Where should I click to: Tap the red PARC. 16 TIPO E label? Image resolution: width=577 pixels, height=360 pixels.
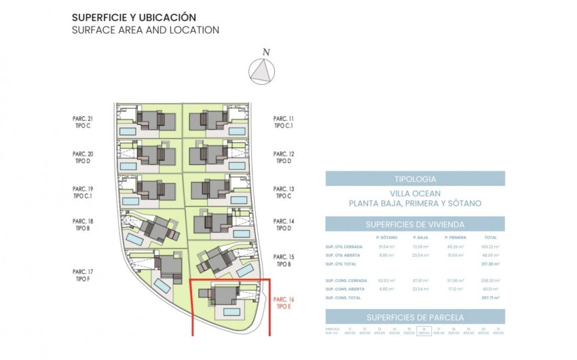tap(283, 303)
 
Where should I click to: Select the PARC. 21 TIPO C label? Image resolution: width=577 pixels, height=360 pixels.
tap(83, 122)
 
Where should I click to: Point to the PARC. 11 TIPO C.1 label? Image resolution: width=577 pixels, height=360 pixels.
tap(283, 122)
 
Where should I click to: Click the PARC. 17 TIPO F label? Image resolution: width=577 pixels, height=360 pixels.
tap(83, 275)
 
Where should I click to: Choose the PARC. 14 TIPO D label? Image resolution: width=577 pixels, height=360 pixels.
tap(283, 225)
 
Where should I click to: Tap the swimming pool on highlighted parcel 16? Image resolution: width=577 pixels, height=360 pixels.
tap(231, 312)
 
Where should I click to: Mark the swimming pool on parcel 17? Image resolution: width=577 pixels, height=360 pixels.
tap(162, 284)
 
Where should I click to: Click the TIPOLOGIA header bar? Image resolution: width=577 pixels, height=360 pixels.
tap(415, 179)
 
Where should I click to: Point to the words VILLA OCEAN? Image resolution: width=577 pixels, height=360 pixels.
tap(415, 193)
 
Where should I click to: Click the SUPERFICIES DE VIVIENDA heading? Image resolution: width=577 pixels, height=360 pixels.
tap(415, 224)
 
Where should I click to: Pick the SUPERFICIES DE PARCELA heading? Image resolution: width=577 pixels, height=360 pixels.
tap(415, 317)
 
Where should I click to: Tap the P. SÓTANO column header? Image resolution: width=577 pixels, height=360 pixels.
tap(386, 237)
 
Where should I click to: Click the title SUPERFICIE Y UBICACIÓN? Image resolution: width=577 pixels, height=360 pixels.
tap(133, 17)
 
